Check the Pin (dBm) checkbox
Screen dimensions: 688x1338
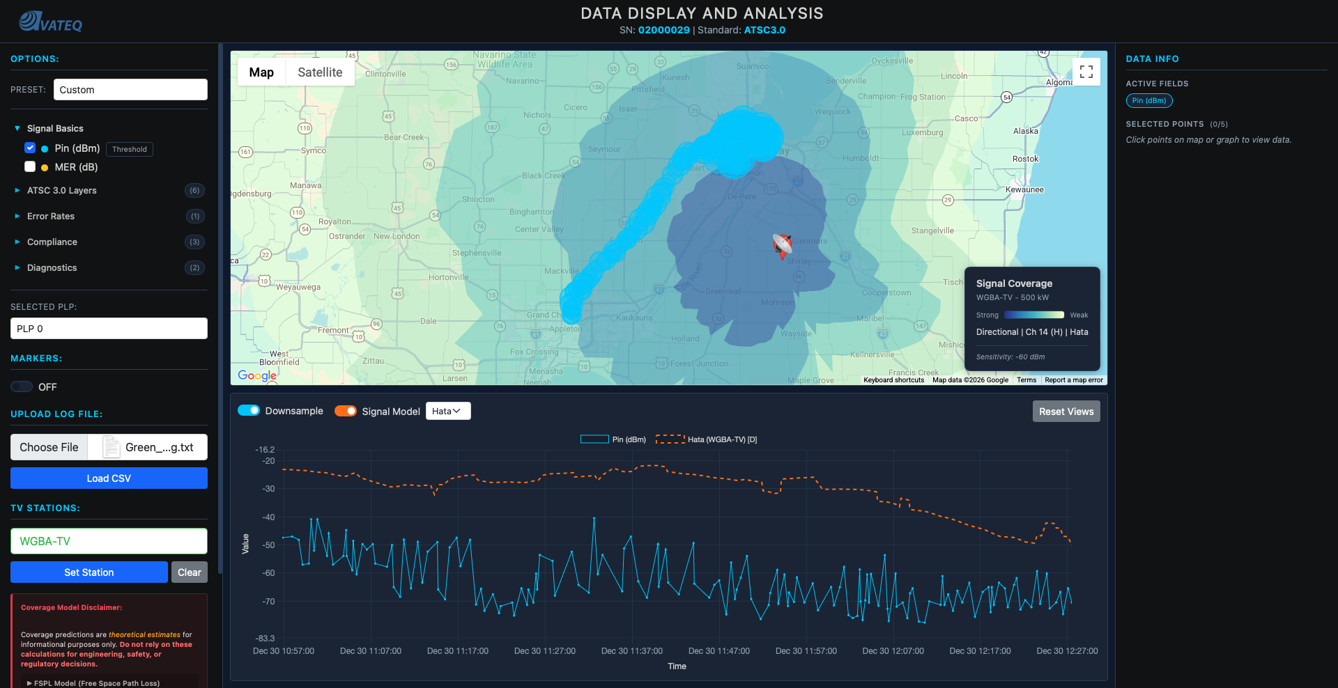pos(30,148)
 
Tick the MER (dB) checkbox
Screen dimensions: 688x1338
pos(30,166)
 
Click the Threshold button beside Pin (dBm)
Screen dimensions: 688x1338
pos(129,149)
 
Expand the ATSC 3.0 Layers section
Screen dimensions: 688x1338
pos(61,190)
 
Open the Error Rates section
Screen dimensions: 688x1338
pos(50,216)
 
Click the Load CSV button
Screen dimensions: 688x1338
pos(109,478)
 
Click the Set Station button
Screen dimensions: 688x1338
pos(89,572)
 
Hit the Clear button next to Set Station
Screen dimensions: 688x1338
pos(189,572)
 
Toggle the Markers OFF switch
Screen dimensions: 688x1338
pos(22,386)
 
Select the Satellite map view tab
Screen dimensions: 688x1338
pos(320,72)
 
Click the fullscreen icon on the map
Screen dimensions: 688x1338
pos(1086,72)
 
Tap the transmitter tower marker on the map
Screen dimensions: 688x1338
pos(782,246)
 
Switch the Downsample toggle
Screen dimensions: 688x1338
pos(249,411)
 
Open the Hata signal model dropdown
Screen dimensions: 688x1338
pos(447,411)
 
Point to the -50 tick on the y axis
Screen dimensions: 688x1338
pos(268,545)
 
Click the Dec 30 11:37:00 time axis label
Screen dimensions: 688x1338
pos(631,651)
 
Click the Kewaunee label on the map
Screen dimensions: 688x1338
pos(1024,189)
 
